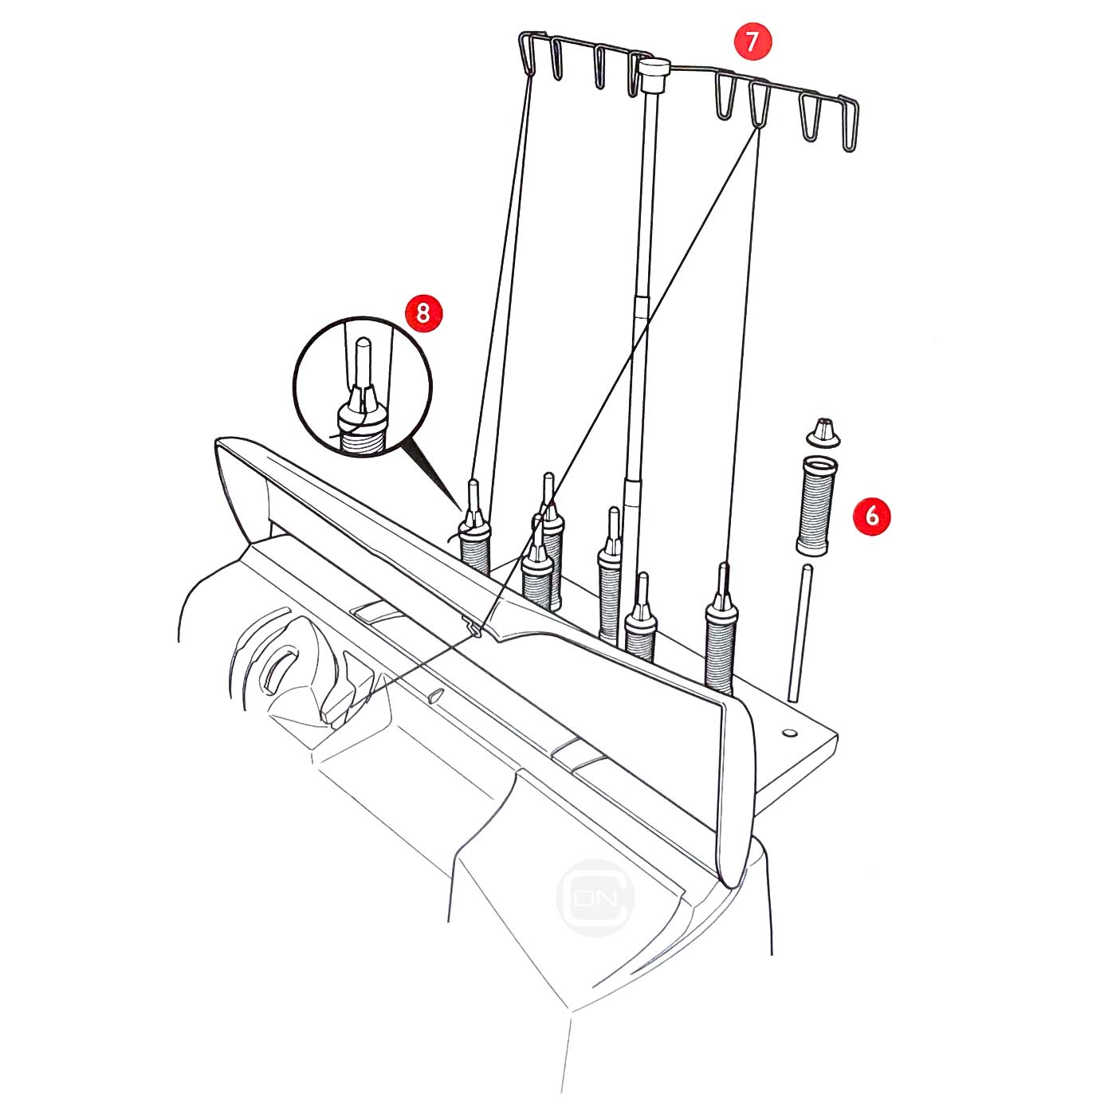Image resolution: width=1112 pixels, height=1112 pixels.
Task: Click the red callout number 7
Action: click(x=752, y=41)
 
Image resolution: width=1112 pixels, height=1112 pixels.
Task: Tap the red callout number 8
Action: click(x=423, y=313)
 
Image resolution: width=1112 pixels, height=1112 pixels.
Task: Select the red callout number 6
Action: click(x=871, y=515)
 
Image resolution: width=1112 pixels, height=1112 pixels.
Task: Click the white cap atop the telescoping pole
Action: click(x=654, y=73)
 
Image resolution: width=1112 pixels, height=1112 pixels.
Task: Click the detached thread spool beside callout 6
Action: click(x=813, y=504)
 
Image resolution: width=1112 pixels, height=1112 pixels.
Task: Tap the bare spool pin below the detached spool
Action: click(x=800, y=632)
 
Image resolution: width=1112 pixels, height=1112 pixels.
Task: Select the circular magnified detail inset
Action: click(x=363, y=387)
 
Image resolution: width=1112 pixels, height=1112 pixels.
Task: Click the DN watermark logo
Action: click(x=595, y=898)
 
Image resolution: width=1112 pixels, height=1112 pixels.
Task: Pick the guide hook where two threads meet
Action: click(x=759, y=105)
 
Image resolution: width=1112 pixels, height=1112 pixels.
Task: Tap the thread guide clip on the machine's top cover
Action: click(x=474, y=628)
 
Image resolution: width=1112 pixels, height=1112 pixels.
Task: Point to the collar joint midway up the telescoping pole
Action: click(x=641, y=306)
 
